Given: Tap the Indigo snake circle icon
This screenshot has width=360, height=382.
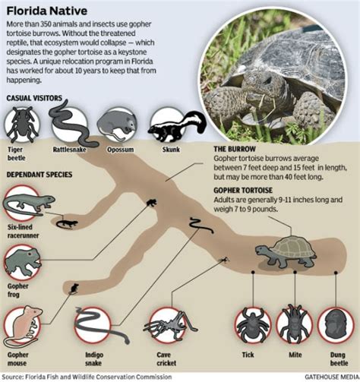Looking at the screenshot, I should pyautogui.click(x=93, y=324).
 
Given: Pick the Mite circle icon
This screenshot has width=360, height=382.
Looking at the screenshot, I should pyautogui.click(x=292, y=324).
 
